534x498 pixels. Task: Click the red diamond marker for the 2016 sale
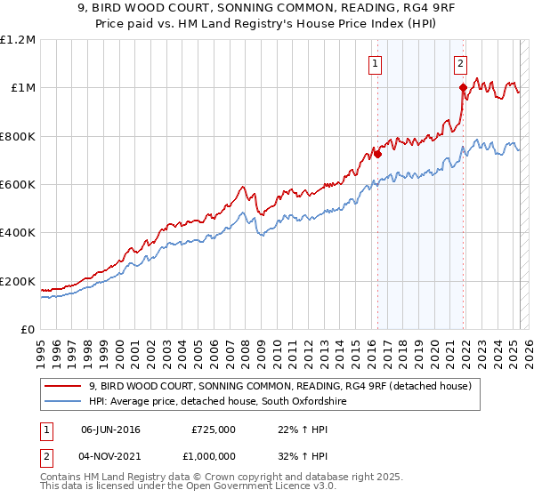pos(377,154)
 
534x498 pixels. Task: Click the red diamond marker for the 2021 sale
pos(464,87)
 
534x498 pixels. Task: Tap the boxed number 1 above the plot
pos(376,63)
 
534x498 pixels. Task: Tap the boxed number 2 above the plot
pos(461,63)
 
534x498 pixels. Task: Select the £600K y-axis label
pos(19,185)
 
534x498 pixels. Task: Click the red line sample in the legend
pos(64,387)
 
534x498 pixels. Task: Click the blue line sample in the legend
pos(64,402)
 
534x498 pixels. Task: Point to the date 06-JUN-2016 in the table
pos(111,429)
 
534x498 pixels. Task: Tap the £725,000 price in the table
pos(214,429)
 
